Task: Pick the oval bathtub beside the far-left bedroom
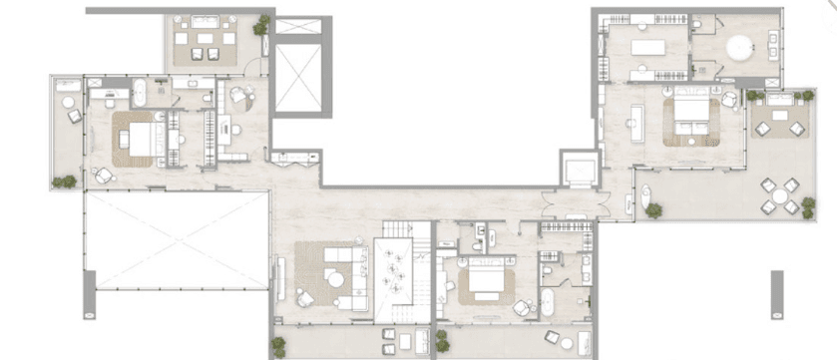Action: [x=141, y=95]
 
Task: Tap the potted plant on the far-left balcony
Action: [x=65, y=181]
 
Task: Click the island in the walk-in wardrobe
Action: [x=647, y=48]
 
